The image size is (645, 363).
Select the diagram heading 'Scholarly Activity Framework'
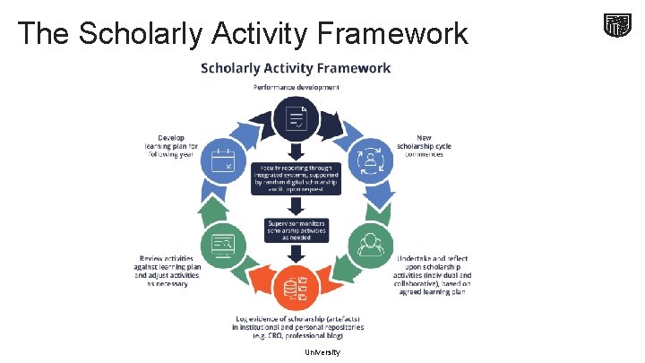tap(295, 68)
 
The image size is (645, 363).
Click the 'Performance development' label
tap(296, 87)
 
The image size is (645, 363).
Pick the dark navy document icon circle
tap(296, 117)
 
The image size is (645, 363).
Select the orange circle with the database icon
tap(296, 286)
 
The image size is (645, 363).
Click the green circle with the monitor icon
tap(222, 243)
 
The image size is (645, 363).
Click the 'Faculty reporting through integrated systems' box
tap(296, 180)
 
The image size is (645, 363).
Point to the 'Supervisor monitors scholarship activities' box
tap(296, 229)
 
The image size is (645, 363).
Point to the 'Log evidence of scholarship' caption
tap(295, 327)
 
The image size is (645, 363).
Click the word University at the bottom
tap(322, 352)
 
